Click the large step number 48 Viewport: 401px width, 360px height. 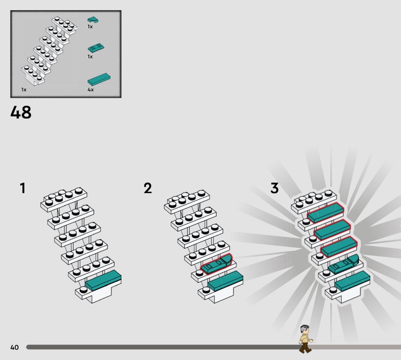click(x=21, y=112)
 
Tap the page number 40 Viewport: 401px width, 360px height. click(x=15, y=347)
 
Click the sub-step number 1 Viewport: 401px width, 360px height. click(x=23, y=188)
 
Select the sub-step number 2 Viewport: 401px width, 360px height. click(x=148, y=188)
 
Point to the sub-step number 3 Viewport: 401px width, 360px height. click(x=274, y=188)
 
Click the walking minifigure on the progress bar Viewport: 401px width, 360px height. click(x=306, y=339)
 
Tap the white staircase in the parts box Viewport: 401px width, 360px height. click(x=49, y=51)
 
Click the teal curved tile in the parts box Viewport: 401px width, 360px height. click(x=93, y=20)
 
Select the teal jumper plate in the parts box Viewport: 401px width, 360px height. click(x=96, y=48)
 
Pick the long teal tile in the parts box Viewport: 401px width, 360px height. click(x=99, y=80)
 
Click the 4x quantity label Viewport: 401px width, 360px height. click(x=91, y=90)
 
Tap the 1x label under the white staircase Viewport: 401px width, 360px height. click(x=24, y=90)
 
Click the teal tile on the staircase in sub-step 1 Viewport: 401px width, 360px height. click(x=103, y=280)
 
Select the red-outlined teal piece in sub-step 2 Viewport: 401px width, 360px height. click(x=217, y=264)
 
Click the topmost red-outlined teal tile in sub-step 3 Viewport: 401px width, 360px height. click(x=325, y=213)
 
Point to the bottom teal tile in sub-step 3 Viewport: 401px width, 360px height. click(x=352, y=281)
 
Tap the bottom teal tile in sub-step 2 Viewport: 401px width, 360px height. click(x=225, y=281)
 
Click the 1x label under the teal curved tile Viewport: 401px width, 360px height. click(x=90, y=27)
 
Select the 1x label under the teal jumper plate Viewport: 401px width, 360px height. click(x=90, y=57)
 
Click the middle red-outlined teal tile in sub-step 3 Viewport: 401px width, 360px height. click(x=332, y=230)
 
